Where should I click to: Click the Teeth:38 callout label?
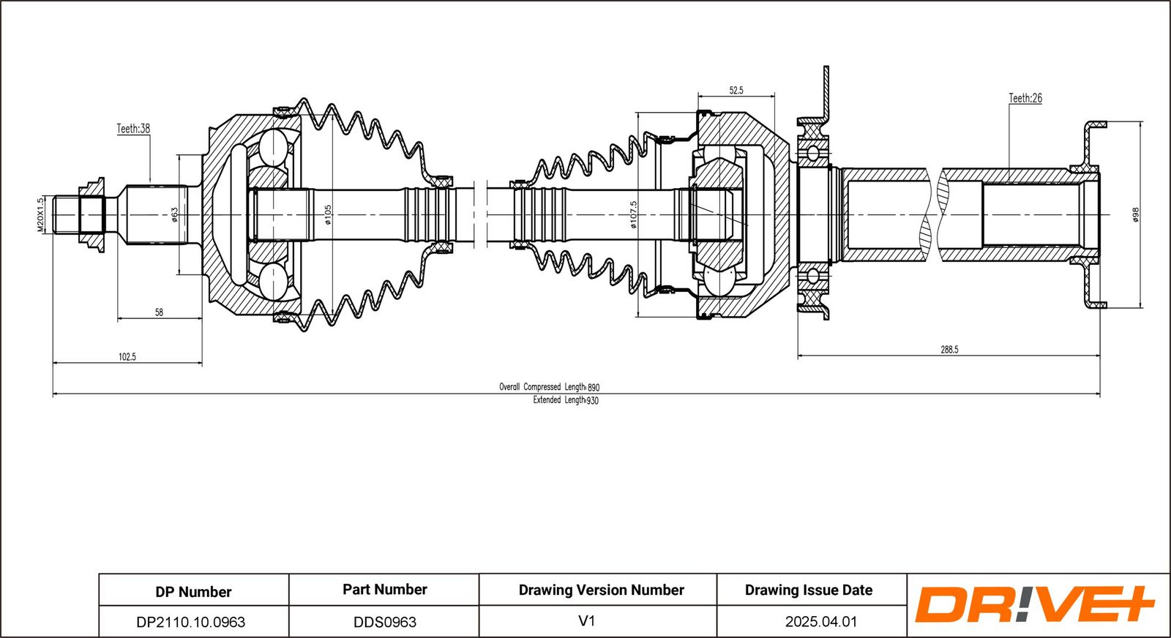pos(133,129)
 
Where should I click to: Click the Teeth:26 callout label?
pos(1025,98)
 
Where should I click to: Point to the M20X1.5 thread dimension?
pos(41,214)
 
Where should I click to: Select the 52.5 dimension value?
pos(736,91)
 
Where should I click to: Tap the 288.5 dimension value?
pos(949,350)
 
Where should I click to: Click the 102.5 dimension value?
pos(127,357)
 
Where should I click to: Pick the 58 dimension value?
pos(159,312)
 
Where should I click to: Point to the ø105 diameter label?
pos(328,214)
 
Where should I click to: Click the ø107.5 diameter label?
pos(634,214)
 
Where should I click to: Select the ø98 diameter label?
pos(1135,214)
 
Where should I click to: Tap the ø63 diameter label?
pos(174,214)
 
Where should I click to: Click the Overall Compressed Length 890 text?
pos(549,386)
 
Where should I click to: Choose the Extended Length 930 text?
pos(565,400)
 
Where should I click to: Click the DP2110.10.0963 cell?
pos(191,622)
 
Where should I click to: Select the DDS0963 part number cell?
pos(385,622)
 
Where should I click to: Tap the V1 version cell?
pos(587,621)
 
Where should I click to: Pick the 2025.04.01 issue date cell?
pos(820,622)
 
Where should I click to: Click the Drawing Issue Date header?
pos(809,590)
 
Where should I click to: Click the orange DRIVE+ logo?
pos(1034,604)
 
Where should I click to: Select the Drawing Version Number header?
pos(601,590)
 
